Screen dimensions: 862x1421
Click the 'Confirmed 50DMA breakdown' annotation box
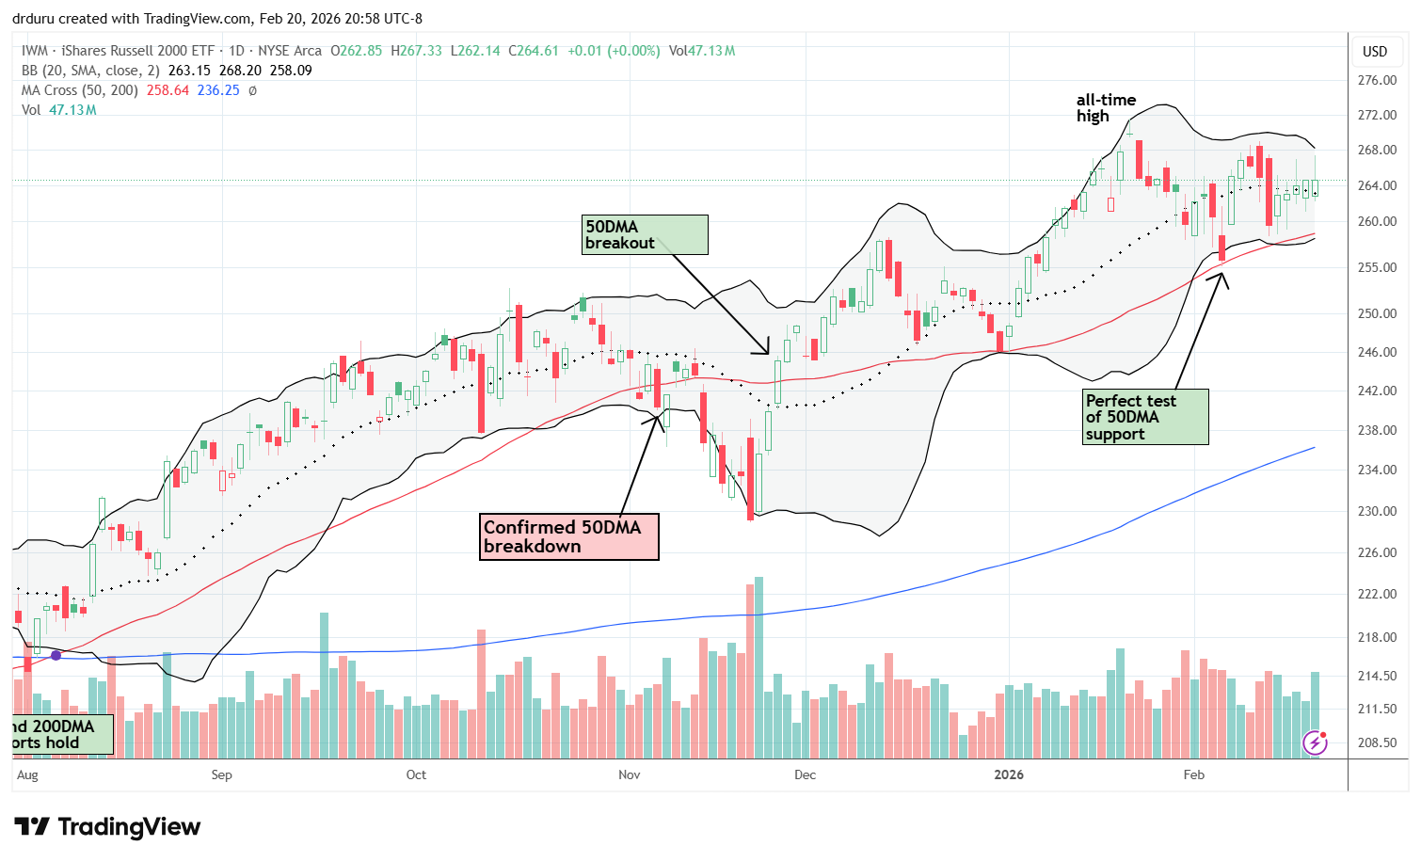click(x=568, y=536)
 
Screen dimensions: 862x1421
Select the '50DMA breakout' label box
click(x=645, y=234)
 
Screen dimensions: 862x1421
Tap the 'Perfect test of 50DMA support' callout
click(x=1144, y=417)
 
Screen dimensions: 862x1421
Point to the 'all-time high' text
click(x=1106, y=108)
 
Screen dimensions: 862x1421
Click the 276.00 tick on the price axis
click(x=1377, y=80)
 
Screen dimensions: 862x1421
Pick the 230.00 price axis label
click(x=1377, y=511)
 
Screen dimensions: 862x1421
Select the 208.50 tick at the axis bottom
click(x=1377, y=742)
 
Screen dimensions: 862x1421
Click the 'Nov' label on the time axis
click(x=629, y=774)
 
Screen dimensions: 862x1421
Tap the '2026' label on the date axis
click(x=1009, y=774)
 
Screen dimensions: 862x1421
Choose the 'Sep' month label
click(x=221, y=774)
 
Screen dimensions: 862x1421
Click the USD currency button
click(x=1375, y=51)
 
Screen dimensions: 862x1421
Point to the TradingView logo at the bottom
click(x=107, y=827)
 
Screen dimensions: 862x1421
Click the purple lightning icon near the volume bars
click(x=1315, y=743)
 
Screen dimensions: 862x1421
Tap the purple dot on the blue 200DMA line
click(x=56, y=655)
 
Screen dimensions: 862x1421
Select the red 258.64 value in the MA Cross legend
click(x=168, y=90)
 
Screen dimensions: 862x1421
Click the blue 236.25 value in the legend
click(x=218, y=90)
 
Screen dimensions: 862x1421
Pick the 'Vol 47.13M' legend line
click(x=59, y=110)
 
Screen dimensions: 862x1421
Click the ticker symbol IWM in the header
click(x=35, y=51)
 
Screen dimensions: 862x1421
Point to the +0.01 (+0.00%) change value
click(x=614, y=51)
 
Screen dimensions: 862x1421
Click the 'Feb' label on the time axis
click(x=1193, y=774)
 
